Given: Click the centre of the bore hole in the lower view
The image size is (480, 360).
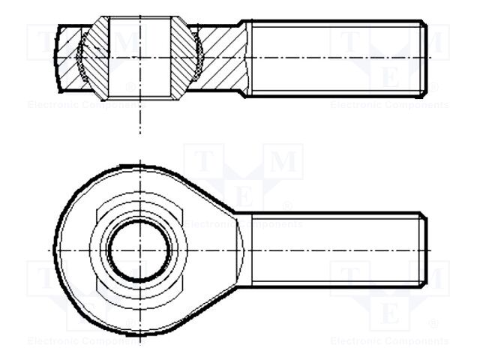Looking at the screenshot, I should (x=139, y=249).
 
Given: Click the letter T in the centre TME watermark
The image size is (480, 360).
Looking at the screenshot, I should (x=203, y=162).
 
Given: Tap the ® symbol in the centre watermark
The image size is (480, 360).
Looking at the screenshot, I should (x=287, y=205).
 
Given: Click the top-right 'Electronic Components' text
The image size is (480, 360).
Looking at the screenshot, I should (x=389, y=105).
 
